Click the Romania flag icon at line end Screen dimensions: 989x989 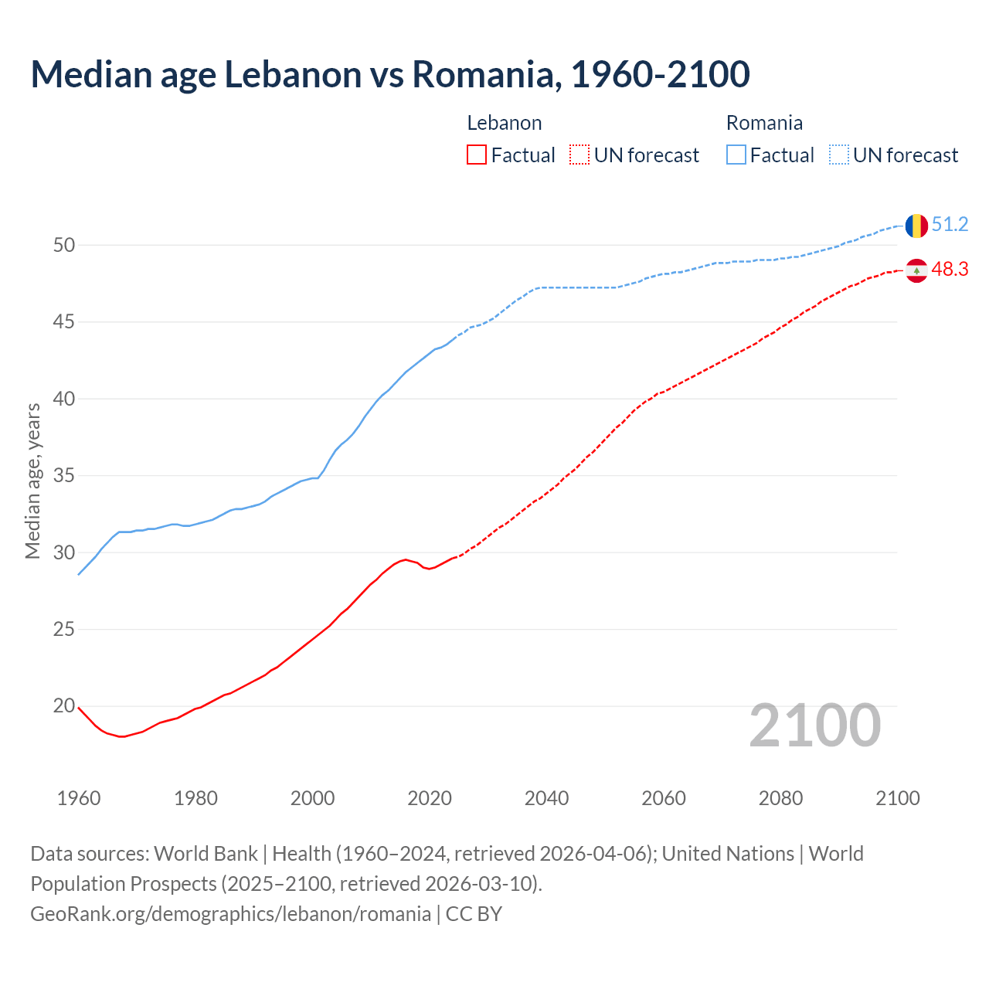916,226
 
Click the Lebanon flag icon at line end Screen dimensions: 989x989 916,270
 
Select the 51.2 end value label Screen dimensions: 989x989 950,225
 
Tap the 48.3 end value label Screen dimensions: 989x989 950,270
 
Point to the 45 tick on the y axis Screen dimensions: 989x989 64,321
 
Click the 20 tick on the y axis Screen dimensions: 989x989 64,705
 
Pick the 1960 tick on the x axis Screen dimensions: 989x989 79,798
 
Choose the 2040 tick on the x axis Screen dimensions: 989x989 546,798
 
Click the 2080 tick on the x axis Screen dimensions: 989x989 780,798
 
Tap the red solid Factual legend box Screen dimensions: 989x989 477,155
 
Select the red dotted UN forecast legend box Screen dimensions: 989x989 579,155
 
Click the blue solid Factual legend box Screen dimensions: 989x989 736,155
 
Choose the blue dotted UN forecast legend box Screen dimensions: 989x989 839,155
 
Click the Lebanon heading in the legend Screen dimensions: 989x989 505,123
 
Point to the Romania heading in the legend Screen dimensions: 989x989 764,123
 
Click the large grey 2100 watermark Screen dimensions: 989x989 814,726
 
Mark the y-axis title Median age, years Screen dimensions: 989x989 32,481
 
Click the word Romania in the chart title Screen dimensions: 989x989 482,74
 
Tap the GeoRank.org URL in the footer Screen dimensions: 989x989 230,914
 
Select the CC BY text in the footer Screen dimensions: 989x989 474,914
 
